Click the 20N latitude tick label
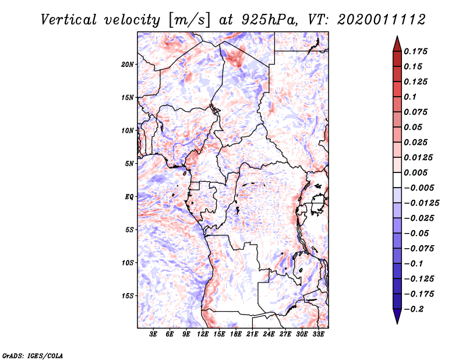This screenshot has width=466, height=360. (128, 64)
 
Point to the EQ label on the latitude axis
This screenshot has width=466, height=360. (129, 196)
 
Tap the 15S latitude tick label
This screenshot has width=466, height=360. (128, 295)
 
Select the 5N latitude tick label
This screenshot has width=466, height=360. (129, 163)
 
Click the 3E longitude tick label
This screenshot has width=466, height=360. (154, 334)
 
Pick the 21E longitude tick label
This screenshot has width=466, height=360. (253, 334)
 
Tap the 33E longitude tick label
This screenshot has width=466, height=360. (319, 334)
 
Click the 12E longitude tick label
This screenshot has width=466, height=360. (203, 334)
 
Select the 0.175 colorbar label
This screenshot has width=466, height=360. (416, 51)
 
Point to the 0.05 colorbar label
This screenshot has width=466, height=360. (414, 127)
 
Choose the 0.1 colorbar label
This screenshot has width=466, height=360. (411, 97)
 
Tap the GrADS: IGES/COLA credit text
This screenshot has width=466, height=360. (33, 355)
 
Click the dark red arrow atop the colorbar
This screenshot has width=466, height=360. (397, 43)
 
